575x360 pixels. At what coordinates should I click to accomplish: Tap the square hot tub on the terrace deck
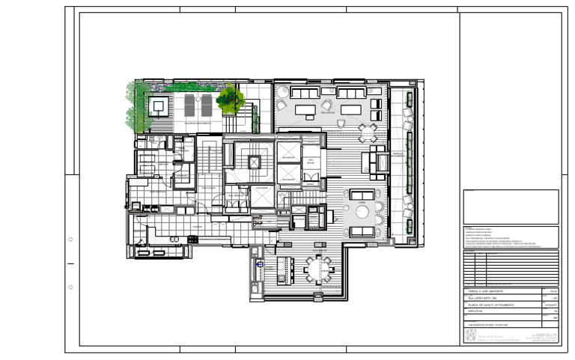[x=158, y=106]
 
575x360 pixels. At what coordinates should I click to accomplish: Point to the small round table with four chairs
[x=367, y=132]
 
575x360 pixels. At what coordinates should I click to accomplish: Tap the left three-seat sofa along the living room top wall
[x=303, y=93]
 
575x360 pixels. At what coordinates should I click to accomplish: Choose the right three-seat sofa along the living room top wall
[x=350, y=93]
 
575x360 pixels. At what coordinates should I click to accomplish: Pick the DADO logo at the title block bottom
[x=471, y=336]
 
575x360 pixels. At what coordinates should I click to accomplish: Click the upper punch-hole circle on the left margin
[x=70, y=240]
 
